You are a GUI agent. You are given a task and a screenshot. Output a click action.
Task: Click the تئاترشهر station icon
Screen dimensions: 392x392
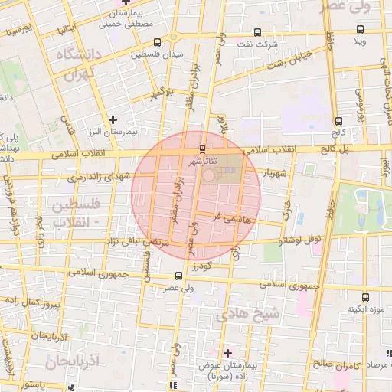pos(202,149)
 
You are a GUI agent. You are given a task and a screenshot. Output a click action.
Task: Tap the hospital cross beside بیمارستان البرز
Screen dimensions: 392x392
pos(113,119)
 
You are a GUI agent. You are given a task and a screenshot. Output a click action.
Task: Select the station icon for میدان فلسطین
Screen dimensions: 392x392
pos(158,42)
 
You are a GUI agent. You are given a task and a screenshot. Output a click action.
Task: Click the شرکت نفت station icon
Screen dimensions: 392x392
pos(256,32)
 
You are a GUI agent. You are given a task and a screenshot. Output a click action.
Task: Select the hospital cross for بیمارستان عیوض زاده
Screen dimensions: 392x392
pos(227,353)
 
